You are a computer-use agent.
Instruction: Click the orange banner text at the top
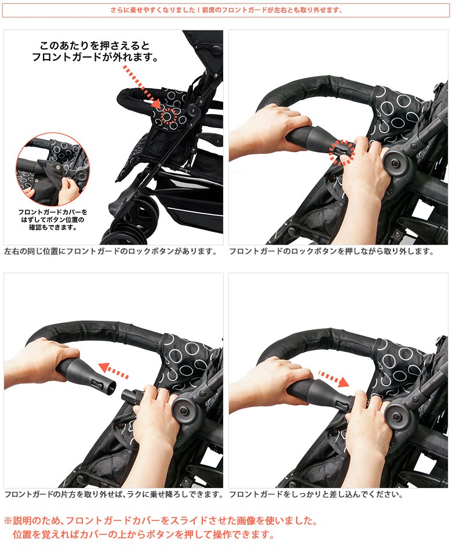coord(226,10)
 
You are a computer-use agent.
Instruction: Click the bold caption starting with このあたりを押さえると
coord(95,52)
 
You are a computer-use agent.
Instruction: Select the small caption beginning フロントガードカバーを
coord(53,219)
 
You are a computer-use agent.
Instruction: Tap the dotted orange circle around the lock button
coord(341,152)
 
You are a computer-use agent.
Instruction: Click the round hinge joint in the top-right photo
coord(395,163)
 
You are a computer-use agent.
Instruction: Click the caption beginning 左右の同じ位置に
coord(111,251)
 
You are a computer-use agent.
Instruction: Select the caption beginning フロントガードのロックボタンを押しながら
coord(331,251)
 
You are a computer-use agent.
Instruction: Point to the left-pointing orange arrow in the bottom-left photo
coord(113,370)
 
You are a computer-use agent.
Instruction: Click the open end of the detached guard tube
coord(111,388)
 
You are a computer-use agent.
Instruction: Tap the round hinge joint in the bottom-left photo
coord(184,410)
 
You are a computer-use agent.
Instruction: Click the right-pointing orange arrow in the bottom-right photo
coord(333,379)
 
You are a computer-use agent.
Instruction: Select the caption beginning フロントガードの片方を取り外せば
coord(114,494)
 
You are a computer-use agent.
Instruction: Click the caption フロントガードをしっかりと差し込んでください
coord(316,494)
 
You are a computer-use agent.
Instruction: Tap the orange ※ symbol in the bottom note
coord(8,521)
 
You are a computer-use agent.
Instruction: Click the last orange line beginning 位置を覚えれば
coord(144,534)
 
